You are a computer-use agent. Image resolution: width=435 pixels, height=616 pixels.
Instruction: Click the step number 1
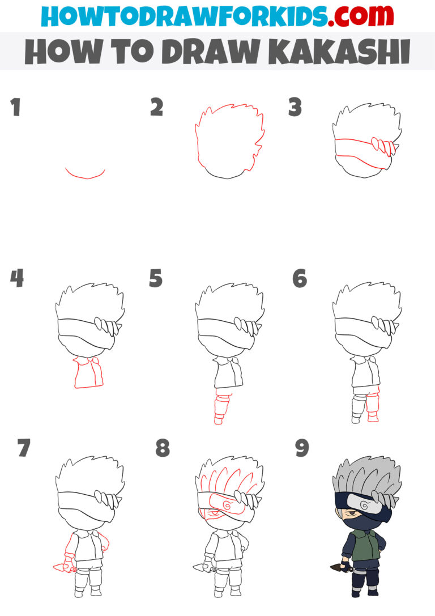15,107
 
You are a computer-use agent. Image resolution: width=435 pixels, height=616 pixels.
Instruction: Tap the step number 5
156,279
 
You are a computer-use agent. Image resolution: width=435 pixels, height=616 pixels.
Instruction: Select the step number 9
302,448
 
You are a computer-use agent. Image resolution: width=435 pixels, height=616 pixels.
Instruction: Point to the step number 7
23,448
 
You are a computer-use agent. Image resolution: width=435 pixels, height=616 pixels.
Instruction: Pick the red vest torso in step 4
88,374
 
